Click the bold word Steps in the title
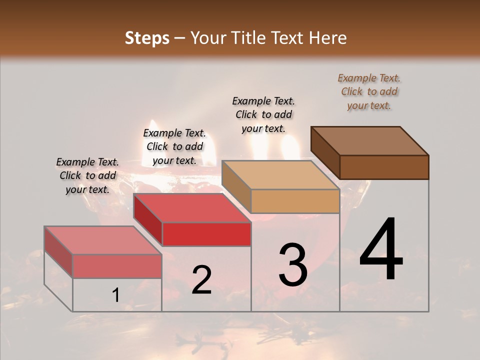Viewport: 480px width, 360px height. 147,38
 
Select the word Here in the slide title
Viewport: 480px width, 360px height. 328,38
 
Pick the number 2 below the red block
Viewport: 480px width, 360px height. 201,280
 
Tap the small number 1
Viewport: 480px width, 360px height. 115,295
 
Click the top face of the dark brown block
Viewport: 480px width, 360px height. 370,140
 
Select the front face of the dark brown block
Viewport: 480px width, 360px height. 384,167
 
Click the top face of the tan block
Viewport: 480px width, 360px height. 280,175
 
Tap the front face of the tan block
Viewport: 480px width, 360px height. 295,201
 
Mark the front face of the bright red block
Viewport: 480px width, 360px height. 206,234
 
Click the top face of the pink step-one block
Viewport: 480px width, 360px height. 102,240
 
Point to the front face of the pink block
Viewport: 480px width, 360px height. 117,266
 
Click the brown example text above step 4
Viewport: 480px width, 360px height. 369,91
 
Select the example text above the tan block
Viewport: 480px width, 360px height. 263,114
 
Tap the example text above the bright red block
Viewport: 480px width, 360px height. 174,146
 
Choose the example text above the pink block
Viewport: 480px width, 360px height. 87,175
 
